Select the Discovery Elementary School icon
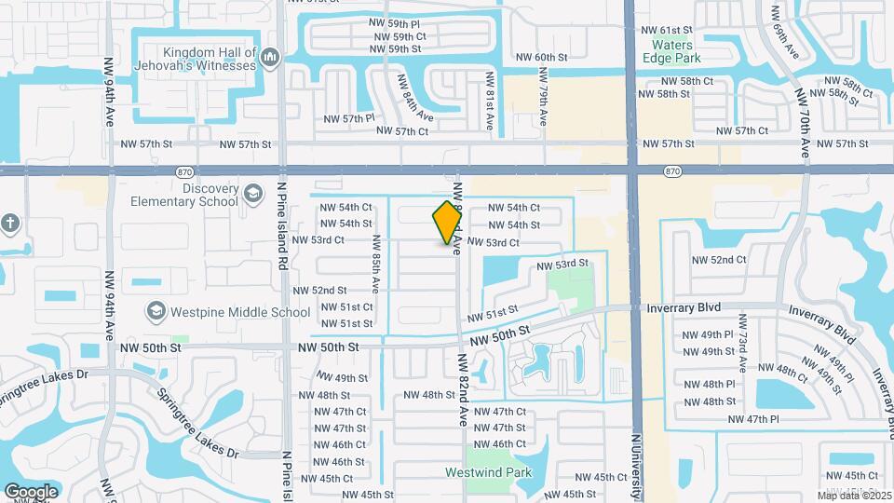point(251,193)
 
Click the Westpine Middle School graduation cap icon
point(156,310)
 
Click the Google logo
point(30,491)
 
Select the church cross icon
point(9,224)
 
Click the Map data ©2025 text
point(855,494)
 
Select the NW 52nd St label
point(323,291)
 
